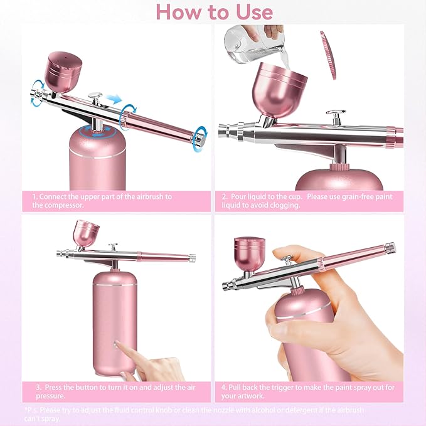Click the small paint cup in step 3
point(87,233)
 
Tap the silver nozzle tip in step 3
point(60,254)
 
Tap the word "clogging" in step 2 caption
point(284,205)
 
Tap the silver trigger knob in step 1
point(95,97)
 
